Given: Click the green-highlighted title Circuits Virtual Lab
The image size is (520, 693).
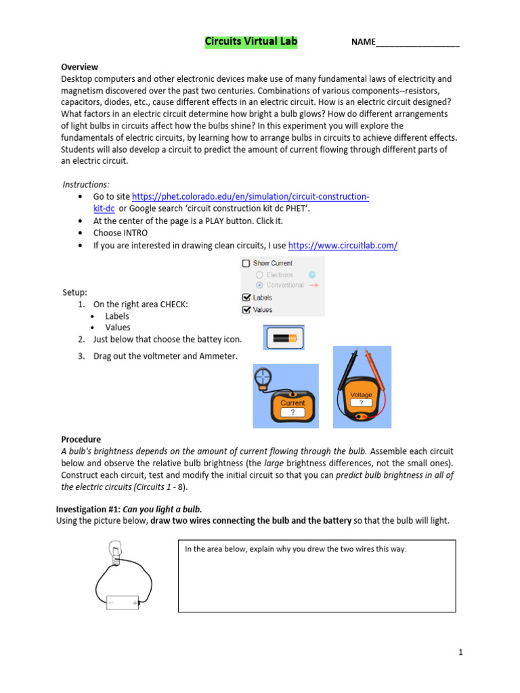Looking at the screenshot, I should coord(251,42).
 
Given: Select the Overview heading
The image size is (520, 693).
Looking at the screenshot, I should coord(79,67).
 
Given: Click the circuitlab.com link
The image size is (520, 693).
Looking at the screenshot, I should coord(343,246).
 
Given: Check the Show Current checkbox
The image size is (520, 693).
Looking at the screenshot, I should coord(246,263).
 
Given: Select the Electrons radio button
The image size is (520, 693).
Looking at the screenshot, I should coord(259,275).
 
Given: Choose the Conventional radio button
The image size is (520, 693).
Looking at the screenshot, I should coord(259,286).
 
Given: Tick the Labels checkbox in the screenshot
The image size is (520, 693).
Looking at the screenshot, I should coord(246,297).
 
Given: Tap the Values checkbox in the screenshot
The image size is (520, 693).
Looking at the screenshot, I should coord(246,309).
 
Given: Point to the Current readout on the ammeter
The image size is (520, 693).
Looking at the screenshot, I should coord(292,407).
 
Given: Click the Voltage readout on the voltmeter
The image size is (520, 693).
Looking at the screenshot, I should coord(361,399).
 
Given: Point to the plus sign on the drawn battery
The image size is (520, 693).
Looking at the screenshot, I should coord(135,602).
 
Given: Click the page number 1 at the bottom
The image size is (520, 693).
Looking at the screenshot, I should coord(460,652).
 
